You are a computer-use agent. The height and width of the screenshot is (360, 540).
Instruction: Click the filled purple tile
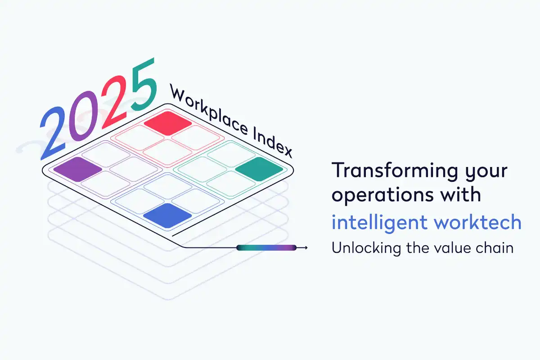click(77, 169)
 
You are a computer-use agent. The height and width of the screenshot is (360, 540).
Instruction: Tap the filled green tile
click(259, 169)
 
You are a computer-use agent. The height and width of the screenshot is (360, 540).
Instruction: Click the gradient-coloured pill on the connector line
click(266, 247)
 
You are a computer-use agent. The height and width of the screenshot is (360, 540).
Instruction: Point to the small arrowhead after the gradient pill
click(306, 247)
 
